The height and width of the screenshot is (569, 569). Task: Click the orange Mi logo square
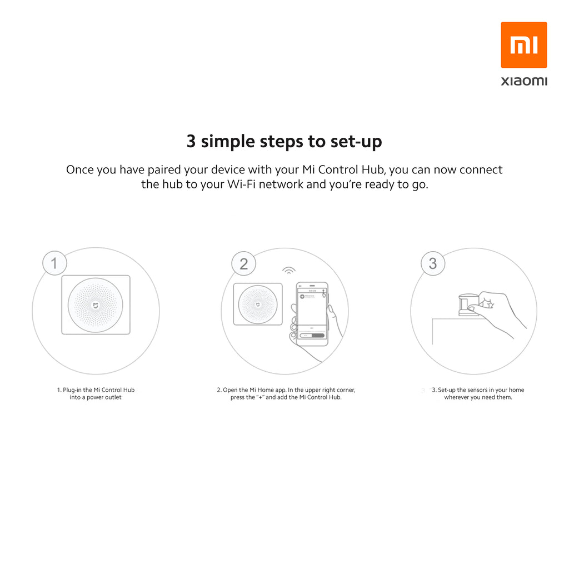tap(523, 45)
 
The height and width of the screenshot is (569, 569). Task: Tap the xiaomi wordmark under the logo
tap(524, 81)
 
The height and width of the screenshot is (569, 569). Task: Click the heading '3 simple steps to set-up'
tap(284, 142)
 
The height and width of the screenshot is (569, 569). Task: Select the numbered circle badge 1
tap(54, 263)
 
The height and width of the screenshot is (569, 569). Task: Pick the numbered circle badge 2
tap(244, 263)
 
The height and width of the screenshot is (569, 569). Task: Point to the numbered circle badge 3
tap(433, 263)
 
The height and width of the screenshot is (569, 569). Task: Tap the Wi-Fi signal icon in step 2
tap(289, 271)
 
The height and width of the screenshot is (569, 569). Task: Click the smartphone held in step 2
tap(312, 314)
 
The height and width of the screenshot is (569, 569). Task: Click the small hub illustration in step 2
tap(258, 304)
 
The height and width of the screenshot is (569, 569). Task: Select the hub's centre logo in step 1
tap(96, 306)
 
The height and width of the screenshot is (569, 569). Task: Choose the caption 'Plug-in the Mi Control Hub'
tap(99, 390)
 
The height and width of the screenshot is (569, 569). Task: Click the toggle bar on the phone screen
tap(312, 335)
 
